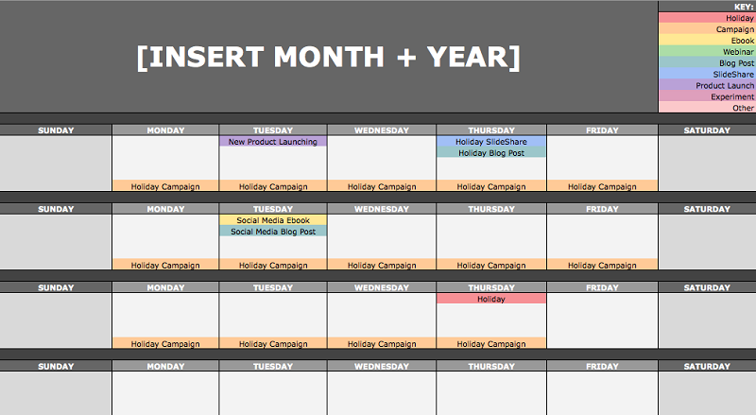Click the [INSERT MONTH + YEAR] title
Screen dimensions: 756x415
[328, 58]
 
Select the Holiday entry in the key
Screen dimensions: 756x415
[707, 18]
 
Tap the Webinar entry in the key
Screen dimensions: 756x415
[707, 52]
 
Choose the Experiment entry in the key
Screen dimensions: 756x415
[707, 96]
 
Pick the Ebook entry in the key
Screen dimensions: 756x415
[707, 41]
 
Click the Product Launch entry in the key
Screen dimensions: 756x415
[707, 85]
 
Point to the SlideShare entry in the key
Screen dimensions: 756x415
[707, 75]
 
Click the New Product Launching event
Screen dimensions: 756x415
[273, 142]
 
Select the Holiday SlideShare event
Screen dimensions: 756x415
[491, 142]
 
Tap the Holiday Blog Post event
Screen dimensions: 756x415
[491, 153]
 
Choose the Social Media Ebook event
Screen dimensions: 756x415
[273, 220]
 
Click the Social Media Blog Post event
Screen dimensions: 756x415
[273, 232]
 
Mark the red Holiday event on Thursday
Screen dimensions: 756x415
[491, 299]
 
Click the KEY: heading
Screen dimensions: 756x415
[744, 7]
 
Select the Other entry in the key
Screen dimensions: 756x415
[707, 108]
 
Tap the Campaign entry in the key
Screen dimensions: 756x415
[707, 29]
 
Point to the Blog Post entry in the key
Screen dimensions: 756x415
[707, 62]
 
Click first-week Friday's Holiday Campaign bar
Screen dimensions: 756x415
[602, 186]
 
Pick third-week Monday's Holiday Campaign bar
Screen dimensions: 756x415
[165, 343]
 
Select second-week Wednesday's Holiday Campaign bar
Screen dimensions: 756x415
[382, 265]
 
